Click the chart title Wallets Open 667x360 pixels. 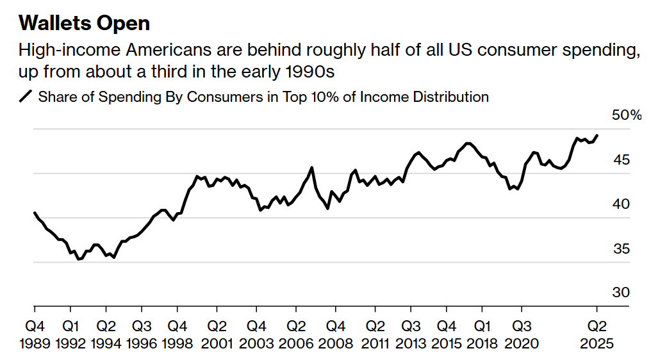[x=84, y=24]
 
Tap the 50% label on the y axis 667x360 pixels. [x=627, y=115]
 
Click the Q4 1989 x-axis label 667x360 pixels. [x=35, y=334]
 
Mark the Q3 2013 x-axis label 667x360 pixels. [x=411, y=334]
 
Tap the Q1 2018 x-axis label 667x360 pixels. [x=484, y=334]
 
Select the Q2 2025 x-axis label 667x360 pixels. [x=597, y=334]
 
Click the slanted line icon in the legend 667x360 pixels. [x=26, y=97]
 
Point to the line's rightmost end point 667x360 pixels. [x=597, y=136]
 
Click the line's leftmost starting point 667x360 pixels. [x=34, y=213]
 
